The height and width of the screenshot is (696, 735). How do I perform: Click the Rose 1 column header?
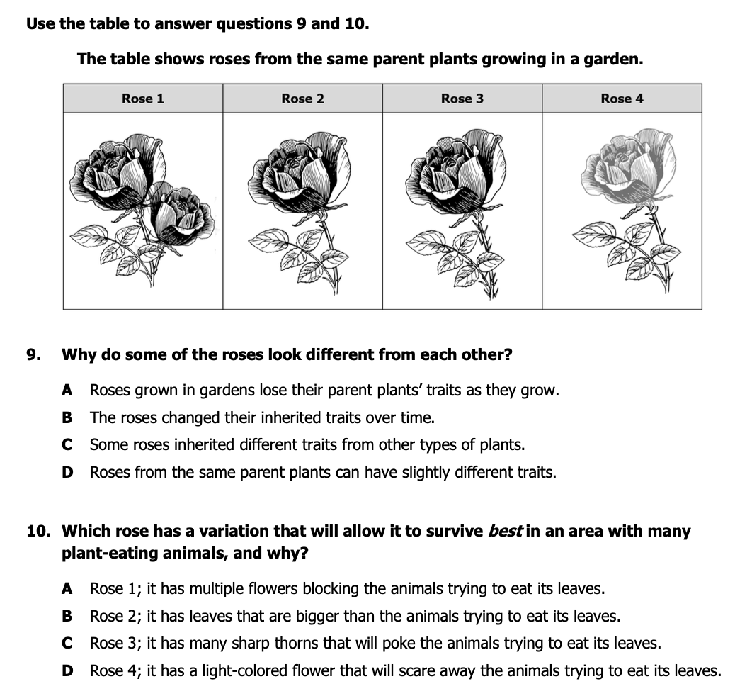click(142, 99)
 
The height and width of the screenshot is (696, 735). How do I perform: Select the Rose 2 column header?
click(302, 99)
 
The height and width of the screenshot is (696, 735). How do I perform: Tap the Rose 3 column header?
click(462, 99)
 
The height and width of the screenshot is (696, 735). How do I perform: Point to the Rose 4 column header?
click(622, 99)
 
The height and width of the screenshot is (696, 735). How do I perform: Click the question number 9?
click(32, 354)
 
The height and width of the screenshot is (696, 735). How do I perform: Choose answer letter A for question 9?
click(67, 390)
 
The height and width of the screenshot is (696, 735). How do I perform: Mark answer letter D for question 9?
click(67, 472)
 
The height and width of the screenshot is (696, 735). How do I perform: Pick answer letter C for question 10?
click(67, 644)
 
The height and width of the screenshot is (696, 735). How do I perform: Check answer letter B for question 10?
click(67, 616)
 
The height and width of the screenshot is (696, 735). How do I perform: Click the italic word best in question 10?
click(505, 532)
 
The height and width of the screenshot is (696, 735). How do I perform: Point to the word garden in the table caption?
click(614, 59)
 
